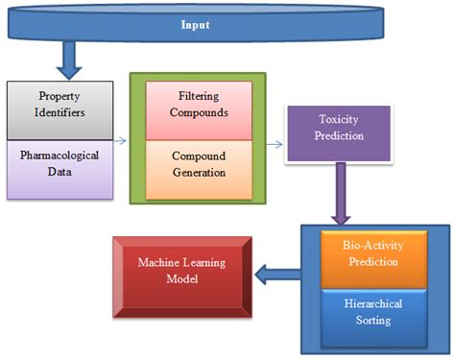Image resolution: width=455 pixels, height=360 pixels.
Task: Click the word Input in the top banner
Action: point(196,25)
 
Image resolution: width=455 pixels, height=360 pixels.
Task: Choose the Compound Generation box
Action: point(198,164)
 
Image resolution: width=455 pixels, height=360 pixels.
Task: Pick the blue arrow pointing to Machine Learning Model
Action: point(277,276)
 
